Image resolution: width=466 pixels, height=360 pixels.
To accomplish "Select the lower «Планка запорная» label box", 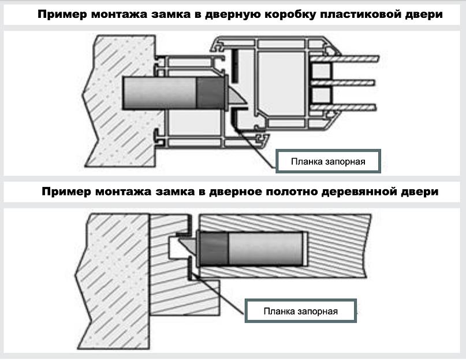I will click(300, 312).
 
